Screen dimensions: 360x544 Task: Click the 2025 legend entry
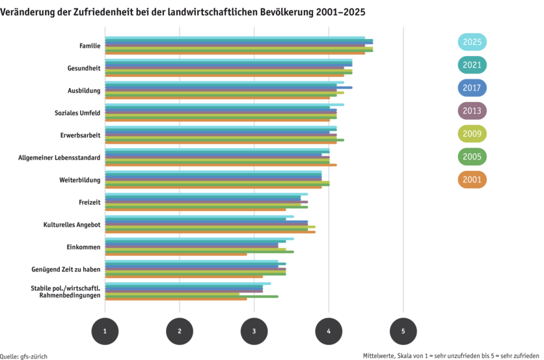click(472, 42)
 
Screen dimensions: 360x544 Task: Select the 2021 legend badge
click(472, 65)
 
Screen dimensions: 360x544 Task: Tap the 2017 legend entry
click(472, 88)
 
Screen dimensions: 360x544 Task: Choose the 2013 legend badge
click(472, 111)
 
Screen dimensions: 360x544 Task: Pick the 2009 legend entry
click(472, 133)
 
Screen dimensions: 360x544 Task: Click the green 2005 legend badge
click(472, 156)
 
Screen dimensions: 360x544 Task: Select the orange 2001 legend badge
click(472, 179)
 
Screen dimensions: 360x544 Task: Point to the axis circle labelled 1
click(105, 331)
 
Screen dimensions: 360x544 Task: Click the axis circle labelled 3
click(254, 331)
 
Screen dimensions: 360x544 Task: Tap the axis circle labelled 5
click(403, 331)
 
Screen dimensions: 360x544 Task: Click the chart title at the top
click(183, 12)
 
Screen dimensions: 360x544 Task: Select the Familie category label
click(90, 46)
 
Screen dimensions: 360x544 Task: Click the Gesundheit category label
click(84, 68)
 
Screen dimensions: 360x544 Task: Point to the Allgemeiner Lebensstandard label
click(59, 157)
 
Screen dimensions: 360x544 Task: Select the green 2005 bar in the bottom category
click(192, 296)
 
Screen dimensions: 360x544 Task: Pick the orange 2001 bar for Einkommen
click(176, 255)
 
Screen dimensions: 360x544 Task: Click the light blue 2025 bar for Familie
click(235, 37)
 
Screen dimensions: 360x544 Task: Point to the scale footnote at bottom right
click(453, 355)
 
